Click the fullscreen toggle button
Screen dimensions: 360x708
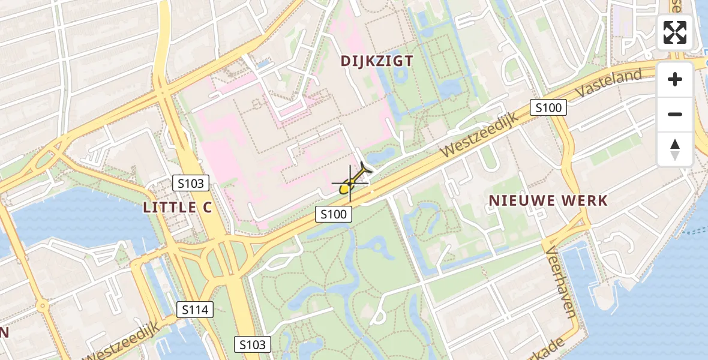(x=675, y=32)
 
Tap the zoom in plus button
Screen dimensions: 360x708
(x=675, y=79)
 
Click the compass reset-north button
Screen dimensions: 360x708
(x=675, y=149)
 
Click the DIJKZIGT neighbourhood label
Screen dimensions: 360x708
(x=377, y=61)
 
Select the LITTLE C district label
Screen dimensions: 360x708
(x=178, y=208)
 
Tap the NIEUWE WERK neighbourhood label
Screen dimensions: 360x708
(x=548, y=200)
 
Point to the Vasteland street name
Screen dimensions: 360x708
(x=608, y=83)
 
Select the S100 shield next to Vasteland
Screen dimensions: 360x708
(x=548, y=108)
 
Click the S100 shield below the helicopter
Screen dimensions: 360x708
(x=334, y=214)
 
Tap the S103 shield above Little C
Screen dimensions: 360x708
(x=191, y=183)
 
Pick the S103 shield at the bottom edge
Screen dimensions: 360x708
(x=252, y=344)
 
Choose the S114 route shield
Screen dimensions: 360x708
(x=195, y=310)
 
